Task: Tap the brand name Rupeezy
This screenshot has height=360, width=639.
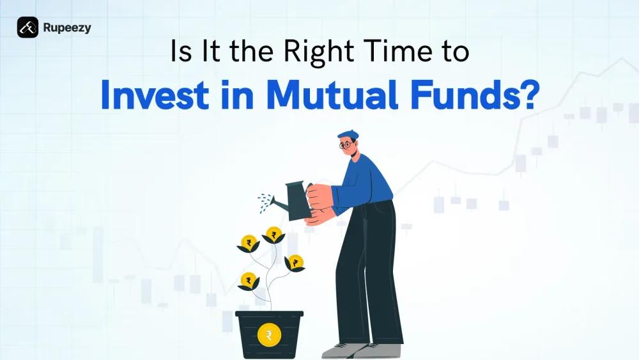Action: coord(67,27)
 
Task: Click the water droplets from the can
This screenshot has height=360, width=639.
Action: coord(263,203)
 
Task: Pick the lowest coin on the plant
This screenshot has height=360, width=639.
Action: coord(248,279)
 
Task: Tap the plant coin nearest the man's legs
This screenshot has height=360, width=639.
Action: coord(296,262)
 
